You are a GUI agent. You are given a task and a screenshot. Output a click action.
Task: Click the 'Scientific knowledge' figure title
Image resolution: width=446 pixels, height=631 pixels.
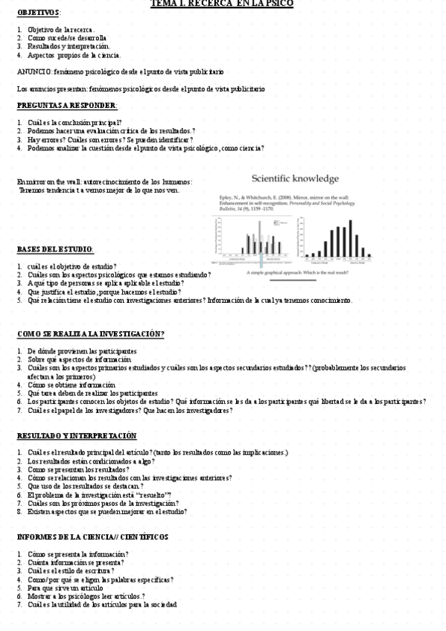(x=295, y=179)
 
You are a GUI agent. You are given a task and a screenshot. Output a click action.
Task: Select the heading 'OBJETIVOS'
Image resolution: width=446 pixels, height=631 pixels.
(x=39, y=13)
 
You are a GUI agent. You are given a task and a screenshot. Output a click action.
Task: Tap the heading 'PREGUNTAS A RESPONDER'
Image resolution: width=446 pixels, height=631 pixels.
(x=66, y=105)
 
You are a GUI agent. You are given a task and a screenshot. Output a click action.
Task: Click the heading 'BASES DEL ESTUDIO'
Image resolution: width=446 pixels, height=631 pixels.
(x=54, y=249)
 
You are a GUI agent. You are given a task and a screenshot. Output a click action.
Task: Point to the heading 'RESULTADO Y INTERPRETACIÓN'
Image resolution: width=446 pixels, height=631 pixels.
(x=76, y=435)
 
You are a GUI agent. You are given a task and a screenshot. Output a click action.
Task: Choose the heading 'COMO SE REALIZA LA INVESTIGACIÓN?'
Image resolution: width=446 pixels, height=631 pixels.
(x=90, y=334)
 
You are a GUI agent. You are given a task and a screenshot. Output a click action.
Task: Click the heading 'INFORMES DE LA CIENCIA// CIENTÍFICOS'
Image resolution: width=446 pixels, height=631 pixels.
(x=92, y=536)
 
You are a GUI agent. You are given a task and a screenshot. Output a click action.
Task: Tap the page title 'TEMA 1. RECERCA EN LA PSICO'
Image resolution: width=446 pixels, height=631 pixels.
(x=222, y=4)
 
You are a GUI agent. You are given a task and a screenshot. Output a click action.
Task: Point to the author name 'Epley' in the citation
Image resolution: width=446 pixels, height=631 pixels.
(x=224, y=196)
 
